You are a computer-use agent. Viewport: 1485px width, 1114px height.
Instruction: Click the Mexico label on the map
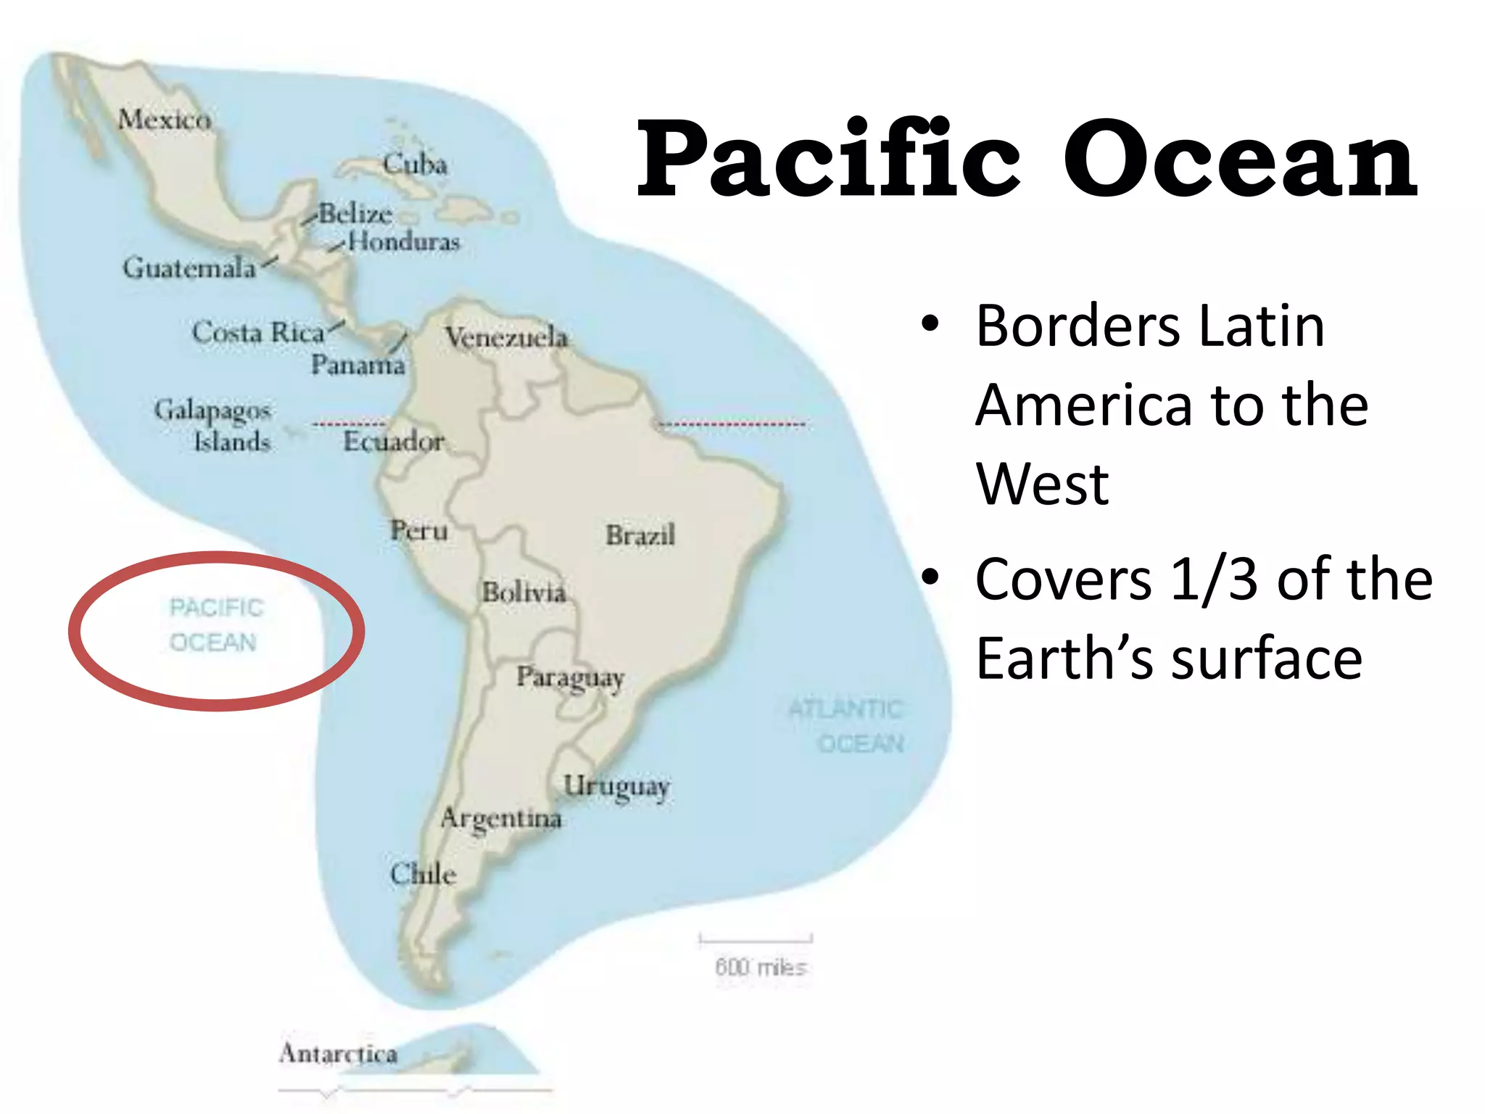(165, 119)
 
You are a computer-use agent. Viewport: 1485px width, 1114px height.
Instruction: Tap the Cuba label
(415, 164)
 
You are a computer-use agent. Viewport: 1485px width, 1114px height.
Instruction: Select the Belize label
(355, 214)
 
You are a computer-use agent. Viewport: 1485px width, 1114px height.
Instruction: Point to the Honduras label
(404, 242)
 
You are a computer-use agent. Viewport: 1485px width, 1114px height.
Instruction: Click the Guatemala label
(189, 268)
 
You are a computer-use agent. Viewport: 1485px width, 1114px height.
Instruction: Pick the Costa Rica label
(257, 332)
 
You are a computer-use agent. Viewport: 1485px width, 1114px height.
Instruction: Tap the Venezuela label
(506, 337)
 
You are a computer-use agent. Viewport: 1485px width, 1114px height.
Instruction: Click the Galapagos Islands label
(212, 426)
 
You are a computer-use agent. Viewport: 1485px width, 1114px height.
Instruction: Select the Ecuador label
(394, 441)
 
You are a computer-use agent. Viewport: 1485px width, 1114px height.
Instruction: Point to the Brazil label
(640, 535)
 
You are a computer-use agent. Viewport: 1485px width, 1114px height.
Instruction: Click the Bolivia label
(524, 593)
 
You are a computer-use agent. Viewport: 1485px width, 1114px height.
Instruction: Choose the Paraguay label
(570, 678)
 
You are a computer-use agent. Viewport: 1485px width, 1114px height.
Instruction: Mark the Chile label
(423, 874)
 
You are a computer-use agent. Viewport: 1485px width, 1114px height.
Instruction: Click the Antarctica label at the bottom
(338, 1053)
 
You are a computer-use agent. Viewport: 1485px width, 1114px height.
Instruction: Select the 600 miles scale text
(760, 967)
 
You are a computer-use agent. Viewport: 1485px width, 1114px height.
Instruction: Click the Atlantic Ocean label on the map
(846, 726)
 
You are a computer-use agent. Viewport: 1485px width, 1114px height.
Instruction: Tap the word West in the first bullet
(1042, 484)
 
